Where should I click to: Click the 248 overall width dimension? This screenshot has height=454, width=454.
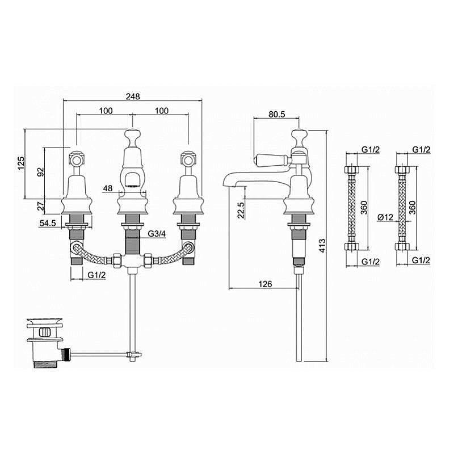[x=133, y=96]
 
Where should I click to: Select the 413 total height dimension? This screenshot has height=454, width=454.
[x=322, y=246]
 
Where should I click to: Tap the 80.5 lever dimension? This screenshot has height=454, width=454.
[x=277, y=114]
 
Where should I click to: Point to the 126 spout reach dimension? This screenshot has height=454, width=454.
[x=265, y=284]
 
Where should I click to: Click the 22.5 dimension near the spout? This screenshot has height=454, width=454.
[x=241, y=210]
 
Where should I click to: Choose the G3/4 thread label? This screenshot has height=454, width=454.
[x=157, y=233]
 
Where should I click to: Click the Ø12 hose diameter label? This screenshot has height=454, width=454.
[x=386, y=217]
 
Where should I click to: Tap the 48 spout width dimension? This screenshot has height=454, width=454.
[x=108, y=188]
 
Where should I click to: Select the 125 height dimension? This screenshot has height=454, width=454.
[x=21, y=163]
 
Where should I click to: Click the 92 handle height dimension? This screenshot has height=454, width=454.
[x=41, y=172]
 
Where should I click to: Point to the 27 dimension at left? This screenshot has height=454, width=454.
[x=41, y=206]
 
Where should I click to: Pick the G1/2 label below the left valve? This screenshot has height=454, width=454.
[x=96, y=275]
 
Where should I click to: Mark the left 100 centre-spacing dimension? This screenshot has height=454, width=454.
[x=106, y=111]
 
